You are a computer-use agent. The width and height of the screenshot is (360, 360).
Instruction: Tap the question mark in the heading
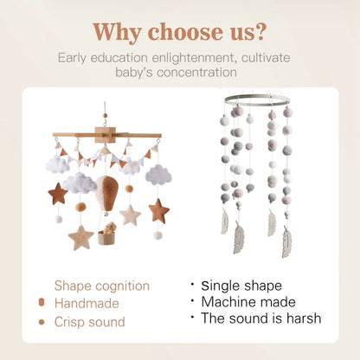pos(260,31)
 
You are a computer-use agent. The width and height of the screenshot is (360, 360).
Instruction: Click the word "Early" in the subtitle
pos(74,57)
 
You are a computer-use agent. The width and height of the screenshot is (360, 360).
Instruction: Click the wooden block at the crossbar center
pos(106,136)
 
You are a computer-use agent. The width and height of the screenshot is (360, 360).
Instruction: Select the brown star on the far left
pos(58,193)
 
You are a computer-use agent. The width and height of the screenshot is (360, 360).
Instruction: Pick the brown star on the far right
pos(158,210)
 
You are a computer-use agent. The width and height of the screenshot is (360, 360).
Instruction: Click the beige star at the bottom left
pos(82,236)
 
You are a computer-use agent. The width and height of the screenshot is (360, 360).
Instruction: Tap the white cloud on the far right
pos(158,175)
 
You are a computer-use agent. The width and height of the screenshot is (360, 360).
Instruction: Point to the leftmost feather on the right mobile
pos(225,221)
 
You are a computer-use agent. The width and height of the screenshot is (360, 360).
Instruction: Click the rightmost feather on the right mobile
pos(286,241)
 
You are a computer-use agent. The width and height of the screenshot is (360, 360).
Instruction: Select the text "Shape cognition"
pos(102,286)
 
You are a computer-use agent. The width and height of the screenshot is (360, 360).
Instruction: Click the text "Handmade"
pos(87,304)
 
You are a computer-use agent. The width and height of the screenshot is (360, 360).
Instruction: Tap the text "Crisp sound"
pos(90,322)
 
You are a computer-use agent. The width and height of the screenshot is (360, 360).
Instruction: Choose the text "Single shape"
pos(241,285)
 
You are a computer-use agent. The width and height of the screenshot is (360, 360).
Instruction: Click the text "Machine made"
pos(248,301)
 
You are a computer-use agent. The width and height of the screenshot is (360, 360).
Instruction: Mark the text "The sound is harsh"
pos(260,318)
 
